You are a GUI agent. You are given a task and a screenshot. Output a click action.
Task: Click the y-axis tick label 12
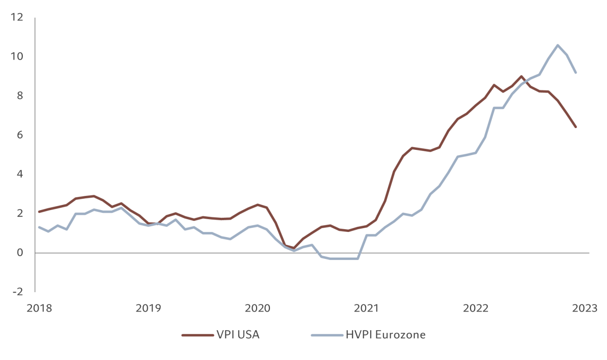coord(17,17)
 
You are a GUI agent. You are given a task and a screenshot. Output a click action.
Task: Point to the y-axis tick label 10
coord(17,56)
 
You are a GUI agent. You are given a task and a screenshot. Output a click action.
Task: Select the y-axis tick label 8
coord(19,96)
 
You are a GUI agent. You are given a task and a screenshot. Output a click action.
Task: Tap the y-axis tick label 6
coord(19,135)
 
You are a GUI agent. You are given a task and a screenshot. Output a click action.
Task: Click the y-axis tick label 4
coord(19,174)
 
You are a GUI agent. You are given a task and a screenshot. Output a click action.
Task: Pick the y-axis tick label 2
coord(19,213)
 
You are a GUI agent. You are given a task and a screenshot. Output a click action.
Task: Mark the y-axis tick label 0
coord(19,253)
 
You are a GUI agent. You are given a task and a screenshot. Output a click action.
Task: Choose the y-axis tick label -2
coord(18,292)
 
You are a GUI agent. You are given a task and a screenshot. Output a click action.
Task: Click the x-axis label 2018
coord(39,308)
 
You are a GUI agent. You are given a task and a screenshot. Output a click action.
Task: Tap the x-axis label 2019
coord(148,308)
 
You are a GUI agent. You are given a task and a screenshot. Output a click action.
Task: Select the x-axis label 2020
coord(258,308)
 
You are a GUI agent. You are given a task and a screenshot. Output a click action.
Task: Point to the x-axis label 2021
coord(366,308)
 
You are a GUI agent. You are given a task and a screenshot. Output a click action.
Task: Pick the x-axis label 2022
coord(475,308)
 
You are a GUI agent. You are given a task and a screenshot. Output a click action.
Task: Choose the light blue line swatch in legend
coord(326,335)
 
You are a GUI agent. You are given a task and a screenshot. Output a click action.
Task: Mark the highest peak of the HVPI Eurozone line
coord(558,45)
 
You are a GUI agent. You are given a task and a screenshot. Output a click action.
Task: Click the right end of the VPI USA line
coord(576,127)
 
